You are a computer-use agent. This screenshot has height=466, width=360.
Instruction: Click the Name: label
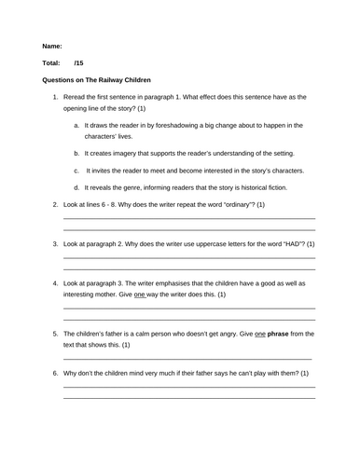(52, 46)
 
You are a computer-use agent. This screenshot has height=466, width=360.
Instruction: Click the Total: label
(51, 63)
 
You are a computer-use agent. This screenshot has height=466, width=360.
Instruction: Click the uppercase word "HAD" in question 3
(281, 243)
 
